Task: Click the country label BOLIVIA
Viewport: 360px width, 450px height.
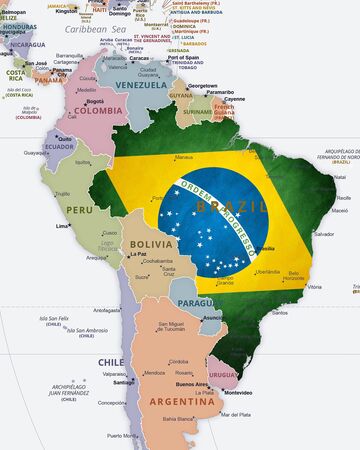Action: pyautogui.click(x=152, y=244)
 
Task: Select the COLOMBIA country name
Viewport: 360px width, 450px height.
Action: pyautogui.click(x=98, y=111)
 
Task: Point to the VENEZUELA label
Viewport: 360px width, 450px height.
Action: pyautogui.click(x=139, y=85)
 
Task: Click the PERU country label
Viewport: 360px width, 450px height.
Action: pyautogui.click(x=78, y=210)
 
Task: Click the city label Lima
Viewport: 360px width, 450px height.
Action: pyautogui.click(x=63, y=226)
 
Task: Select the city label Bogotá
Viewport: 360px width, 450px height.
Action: pyautogui.click(x=95, y=101)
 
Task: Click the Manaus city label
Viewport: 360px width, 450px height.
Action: pyautogui.click(x=184, y=157)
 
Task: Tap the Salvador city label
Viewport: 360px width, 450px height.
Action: pyautogui.click(x=323, y=233)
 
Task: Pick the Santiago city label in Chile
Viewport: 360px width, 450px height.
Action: pyautogui.click(x=124, y=382)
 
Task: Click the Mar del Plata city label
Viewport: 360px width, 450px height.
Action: pyautogui.click(x=237, y=414)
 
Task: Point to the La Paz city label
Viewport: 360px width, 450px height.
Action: pyautogui.click(x=139, y=254)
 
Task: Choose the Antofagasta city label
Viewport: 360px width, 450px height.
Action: pyautogui.click(x=107, y=310)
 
